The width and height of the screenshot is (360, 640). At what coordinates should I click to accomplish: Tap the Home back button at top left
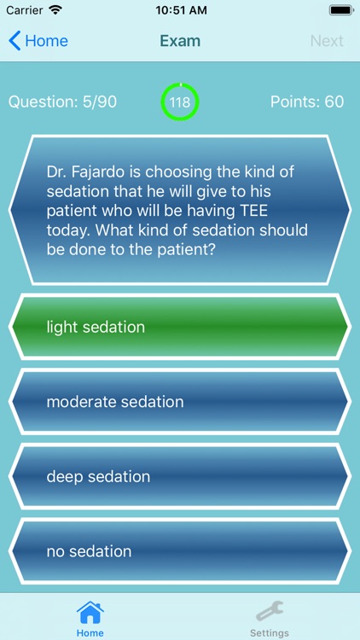point(38,41)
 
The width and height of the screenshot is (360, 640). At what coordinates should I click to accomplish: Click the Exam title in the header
point(180,41)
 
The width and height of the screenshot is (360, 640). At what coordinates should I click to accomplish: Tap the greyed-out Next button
point(327,41)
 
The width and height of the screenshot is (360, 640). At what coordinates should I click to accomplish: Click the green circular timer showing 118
point(180,102)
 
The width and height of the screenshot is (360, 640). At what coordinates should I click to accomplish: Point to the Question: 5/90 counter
point(62,102)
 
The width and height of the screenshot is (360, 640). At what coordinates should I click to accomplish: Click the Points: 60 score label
point(307,102)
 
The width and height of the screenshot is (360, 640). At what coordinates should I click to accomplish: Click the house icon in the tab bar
point(90,613)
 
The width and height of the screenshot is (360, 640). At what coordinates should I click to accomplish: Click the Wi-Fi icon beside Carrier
point(56,11)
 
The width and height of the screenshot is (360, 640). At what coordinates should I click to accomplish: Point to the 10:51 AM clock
point(180,11)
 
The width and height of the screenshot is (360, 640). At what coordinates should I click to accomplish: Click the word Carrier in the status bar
point(24,11)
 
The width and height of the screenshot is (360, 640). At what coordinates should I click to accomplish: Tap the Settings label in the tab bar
point(270,633)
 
